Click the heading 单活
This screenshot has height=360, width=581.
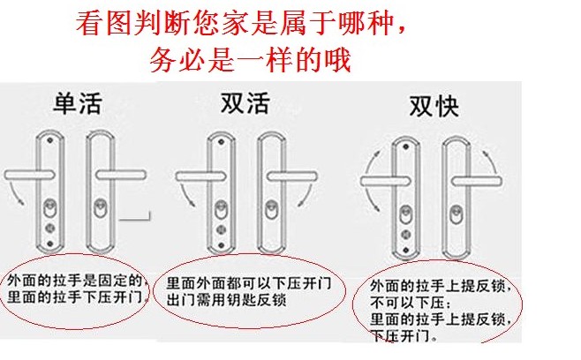(74, 104)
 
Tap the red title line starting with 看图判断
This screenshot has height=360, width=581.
(241, 24)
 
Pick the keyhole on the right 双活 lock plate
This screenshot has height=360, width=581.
(268, 214)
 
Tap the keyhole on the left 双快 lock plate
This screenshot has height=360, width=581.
(406, 216)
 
